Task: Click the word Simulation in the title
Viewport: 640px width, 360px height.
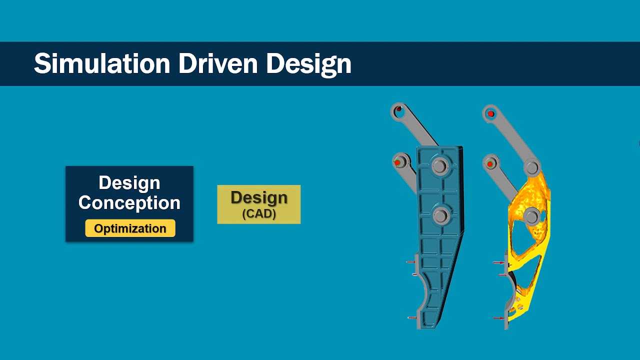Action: tap(102, 64)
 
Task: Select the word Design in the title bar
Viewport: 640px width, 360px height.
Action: tap(308, 64)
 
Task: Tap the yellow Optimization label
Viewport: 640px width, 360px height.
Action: tap(130, 228)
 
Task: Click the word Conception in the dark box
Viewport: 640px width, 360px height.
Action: tap(129, 202)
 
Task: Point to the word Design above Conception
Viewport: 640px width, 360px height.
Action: tap(129, 182)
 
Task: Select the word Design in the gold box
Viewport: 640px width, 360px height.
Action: tap(259, 198)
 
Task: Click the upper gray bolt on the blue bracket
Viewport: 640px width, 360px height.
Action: tap(440, 165)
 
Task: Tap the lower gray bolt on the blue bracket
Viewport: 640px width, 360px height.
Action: tap(440, 216)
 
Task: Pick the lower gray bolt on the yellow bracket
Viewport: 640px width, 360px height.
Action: tap(532, 216)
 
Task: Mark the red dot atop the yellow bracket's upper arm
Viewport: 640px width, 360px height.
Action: tap(491, 114)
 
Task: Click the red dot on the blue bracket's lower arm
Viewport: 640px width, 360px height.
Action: tap(397, 163)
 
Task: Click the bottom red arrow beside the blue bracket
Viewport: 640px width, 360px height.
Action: tap(411, 317)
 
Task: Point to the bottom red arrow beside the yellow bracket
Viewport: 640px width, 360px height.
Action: tap(499, 318)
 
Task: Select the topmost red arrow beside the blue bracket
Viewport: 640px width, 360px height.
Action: tap(411, 262)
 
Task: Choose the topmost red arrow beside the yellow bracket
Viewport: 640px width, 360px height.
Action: tap(499, 262)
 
